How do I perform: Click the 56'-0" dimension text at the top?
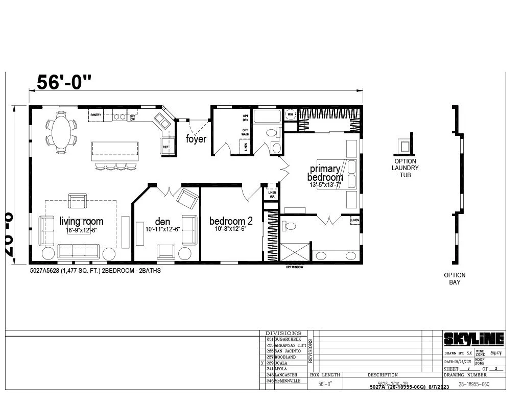pos(64,82)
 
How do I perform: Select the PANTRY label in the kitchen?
pos(96,115)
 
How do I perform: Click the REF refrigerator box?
pos(165,147)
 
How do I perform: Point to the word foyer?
pos(196,139)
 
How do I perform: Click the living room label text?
pos(81,221)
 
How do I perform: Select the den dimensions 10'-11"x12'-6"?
pos(162,229)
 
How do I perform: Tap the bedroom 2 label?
pos(231,221)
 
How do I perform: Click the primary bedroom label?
pos(325,173)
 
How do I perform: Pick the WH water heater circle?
pos(290,115)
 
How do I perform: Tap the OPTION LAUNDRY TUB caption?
pos(405,168)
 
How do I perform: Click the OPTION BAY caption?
pos(454,278)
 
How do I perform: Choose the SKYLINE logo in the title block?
pos(473,339)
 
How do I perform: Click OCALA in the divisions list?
pos(281,363)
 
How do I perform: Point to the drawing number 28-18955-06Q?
pos(473,384)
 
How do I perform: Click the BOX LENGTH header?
pos(325,375)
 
